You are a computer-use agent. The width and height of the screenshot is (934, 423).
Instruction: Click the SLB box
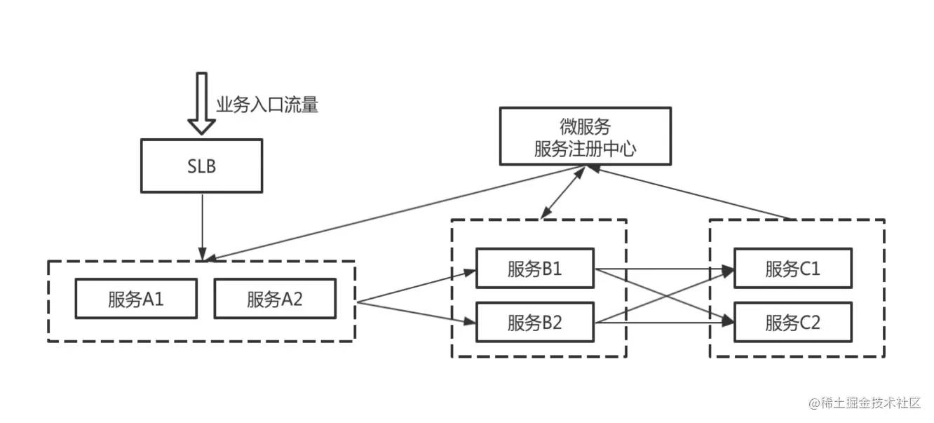coord(201,166)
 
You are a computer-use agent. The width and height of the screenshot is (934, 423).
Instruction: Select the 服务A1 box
coord(136,300)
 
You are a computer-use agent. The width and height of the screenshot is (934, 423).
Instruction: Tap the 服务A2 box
coord(275,300)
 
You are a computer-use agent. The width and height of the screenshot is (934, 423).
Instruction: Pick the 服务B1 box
coord(535,268)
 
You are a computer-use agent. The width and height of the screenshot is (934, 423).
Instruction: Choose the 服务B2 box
coord(535,323)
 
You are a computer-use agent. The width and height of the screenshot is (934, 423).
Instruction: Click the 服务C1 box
coord(793,268)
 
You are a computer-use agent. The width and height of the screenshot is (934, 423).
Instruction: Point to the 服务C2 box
coord(793,323)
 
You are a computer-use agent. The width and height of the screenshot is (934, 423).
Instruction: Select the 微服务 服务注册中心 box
coord(585,137)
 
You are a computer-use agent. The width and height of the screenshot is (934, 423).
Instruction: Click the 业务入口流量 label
coord(267,106)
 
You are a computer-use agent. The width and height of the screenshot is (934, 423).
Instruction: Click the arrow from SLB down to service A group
coord(202,224)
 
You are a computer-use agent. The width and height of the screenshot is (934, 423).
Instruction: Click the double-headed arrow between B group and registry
coord(562,192)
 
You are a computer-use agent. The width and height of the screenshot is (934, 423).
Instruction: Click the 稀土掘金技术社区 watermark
coord(864,403)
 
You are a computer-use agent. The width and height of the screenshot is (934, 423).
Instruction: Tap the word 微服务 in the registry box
coord(585,126)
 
